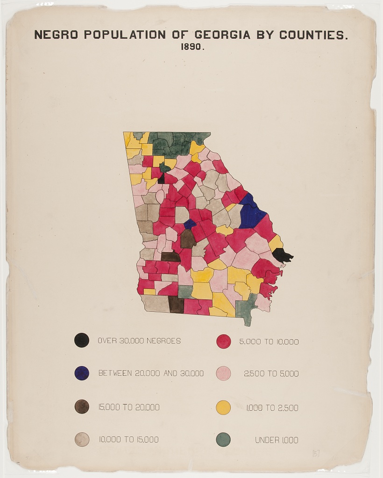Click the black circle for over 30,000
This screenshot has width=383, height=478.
point(82,340)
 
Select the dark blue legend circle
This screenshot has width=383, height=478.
point(82,373)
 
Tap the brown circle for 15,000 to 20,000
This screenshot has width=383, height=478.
point(82,407)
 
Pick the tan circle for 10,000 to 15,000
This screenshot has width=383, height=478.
point(82,439)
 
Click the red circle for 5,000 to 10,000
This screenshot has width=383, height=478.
point(224,341)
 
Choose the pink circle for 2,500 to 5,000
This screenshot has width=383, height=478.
point(224,373)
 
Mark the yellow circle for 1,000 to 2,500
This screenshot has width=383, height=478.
point(224,407)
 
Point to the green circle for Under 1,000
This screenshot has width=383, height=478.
point(224,439)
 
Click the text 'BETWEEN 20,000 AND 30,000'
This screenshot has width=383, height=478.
point(151,373)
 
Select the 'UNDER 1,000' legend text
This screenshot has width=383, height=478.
point(277,440)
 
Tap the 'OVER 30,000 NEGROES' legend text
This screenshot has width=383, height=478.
point(139,341)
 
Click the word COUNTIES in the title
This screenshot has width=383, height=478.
point(313,35)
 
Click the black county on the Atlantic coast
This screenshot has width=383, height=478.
point(282,255)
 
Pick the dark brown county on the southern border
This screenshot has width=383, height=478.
point(176,304)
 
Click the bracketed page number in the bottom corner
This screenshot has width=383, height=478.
point(316,453)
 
